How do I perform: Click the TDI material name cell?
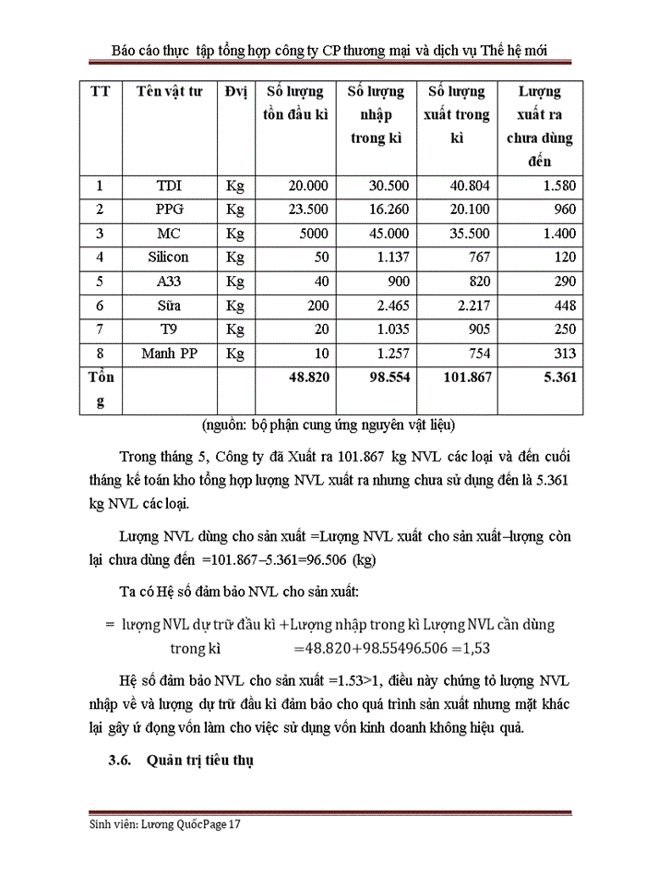pyautogui.click(x=169, y=186)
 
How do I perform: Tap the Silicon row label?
pyautogui.click(x=168, y=257)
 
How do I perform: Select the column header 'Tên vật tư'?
pyautogui.click(x=169, y=92)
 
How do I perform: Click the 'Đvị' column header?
pyautogui.click(x=234, y=92)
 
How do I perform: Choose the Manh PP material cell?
pyautogui.click(x=168, y=353)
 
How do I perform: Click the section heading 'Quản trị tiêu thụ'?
pyautogui.click(x=199, y=761)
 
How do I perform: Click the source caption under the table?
pyautogui.click(x=329, y=425)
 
